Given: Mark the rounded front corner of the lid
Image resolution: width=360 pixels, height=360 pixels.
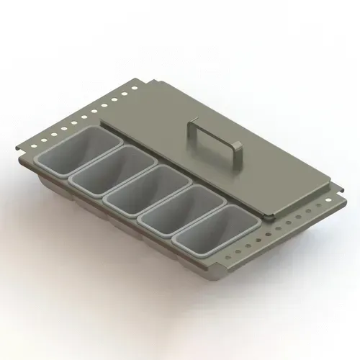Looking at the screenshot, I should [266, 215].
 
